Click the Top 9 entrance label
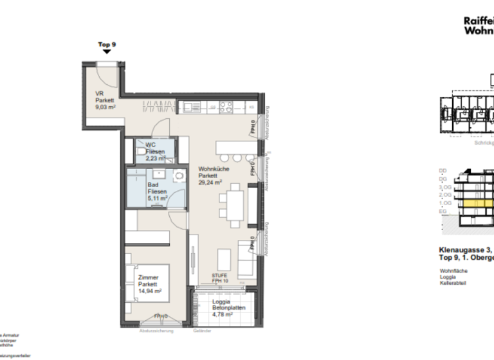pyautogui.click(x=107, y=44)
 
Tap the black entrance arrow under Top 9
pyautogui.click(x=107, y=51)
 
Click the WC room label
pyautogui.click(x=149, y=145)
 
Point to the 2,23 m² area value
pyautogui.click(x=155, y=158)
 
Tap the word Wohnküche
pyautogui.click(x=211, y=168)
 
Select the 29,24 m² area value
pyautogui.click(x=210, y=182)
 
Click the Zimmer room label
pyautogui.click(x=149, y=276)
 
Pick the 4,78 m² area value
pyautogui.click(x=222, y=315)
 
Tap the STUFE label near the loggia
pyautogui.click(x=220, y=274)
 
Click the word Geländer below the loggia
pyautogui.click(x=201, y=331)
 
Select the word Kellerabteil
pyautogui.click(x=453, y=283)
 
